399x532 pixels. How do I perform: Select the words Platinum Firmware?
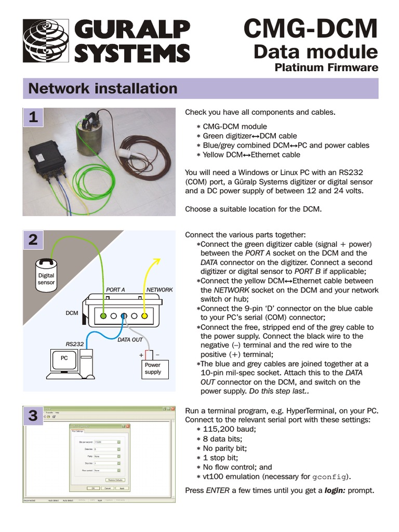pos(326,68)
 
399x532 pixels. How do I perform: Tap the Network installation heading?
pos(103,88)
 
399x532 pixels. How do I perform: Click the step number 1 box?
pos(33,118)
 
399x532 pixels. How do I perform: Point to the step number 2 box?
pos(33,240)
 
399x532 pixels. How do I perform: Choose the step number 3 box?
pos(33,416)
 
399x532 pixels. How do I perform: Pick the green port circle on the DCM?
pos(104,315)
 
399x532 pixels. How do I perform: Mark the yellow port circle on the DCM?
pos(145,315)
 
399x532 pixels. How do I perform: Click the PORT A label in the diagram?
pos(115,290)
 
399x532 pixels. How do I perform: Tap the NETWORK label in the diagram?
pos(159,290)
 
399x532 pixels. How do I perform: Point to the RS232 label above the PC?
pos(74,343)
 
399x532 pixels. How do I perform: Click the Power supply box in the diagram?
pos(153,368)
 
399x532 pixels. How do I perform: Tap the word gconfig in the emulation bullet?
pos(330,477)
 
